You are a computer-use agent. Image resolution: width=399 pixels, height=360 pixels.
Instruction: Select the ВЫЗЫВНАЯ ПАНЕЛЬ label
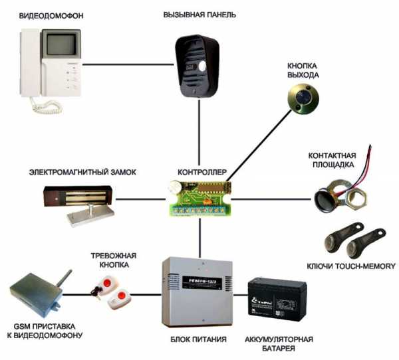[x=199, y=15]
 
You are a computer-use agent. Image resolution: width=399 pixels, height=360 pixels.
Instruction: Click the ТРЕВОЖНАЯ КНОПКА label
[x=110, y=259]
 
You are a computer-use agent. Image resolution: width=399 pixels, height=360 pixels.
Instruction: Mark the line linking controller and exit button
[x=259, y=145]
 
